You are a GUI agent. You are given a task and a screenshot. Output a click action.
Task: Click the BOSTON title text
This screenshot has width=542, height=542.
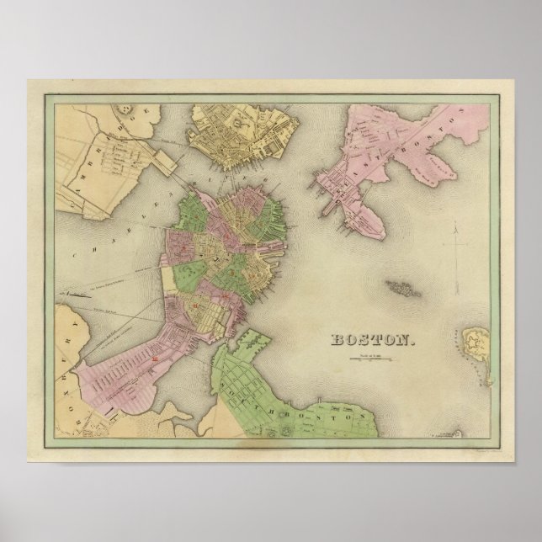(x=370, y=340)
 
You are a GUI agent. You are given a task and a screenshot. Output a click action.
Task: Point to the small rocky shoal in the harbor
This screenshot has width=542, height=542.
(x=403, y=286)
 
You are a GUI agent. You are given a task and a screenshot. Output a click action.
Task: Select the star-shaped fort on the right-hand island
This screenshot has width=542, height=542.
(x=476, y=341)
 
